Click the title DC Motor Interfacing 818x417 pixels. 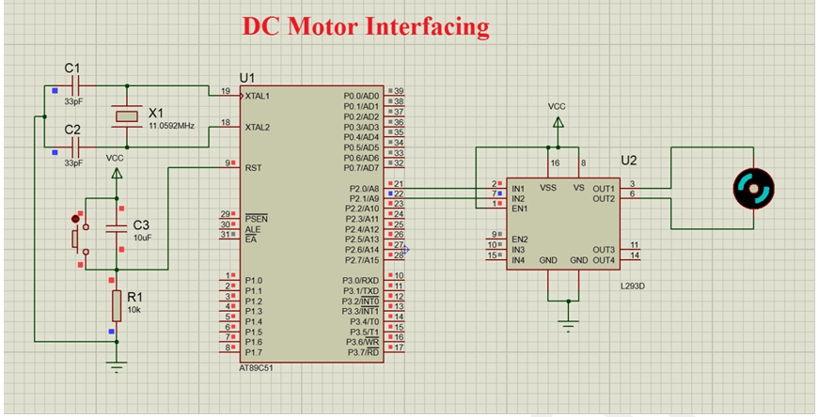(366, 25)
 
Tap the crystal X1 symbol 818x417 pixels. (127, 116)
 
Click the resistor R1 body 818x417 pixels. (117, 304)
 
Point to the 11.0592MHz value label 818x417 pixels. (171, 126)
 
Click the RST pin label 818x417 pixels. (253, 168)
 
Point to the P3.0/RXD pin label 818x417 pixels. (360, 280)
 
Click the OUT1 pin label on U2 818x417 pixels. (603, 188)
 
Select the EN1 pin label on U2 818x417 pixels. (518, 208)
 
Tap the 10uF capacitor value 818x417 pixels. (143, 239)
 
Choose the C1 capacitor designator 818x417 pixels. (72, 68)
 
